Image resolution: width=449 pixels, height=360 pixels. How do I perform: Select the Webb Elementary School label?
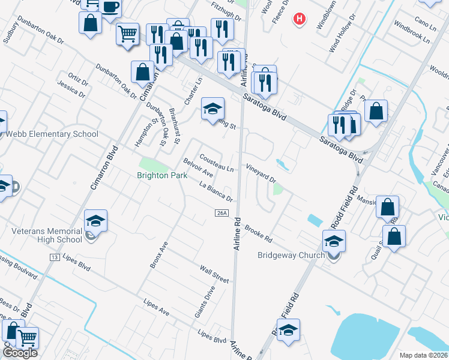pyautogui.click(x=52, y=134)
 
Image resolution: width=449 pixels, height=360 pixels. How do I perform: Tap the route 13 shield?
pyautogui.click(x=54, y=257)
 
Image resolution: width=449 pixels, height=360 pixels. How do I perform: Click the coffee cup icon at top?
pyautogui.click(x=110, y=8)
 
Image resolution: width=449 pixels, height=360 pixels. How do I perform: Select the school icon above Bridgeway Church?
pyautogui.click(x=334, y=241)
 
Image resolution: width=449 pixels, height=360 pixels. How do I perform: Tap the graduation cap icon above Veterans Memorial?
pyautogui.click(x=95, y=221)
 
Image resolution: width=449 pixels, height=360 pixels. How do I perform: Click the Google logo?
pyautogui.click(x=20, y=353)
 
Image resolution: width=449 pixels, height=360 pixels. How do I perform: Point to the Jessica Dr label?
pyautogui.click(x=71, y=91)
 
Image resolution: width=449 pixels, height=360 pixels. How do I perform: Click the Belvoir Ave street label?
pyautogui.click(x=199, y=168)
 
